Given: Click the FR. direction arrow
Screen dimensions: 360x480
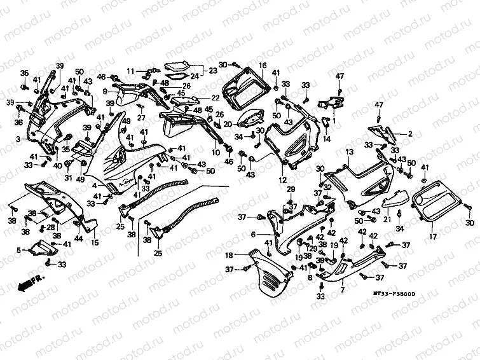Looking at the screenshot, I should [x=31, y=282].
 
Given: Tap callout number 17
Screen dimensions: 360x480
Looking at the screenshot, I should [x=432, y=237].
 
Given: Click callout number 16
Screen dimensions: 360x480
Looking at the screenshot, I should [x=262, y=66].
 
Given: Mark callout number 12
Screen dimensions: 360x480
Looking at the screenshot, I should [x=280, y=180].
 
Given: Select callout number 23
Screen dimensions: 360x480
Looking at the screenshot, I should [x=212, y=71].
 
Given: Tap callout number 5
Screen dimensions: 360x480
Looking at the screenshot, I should [x=18, y=249].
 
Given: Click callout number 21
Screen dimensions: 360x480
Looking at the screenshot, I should [x=385, y=219].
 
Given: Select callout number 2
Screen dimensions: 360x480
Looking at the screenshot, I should [x=410, y=134].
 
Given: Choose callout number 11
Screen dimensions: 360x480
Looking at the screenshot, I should [x=128, y=70].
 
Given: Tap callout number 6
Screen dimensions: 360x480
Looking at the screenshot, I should [x=253, y=235].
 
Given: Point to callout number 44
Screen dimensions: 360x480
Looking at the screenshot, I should [x=79, y=239].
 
